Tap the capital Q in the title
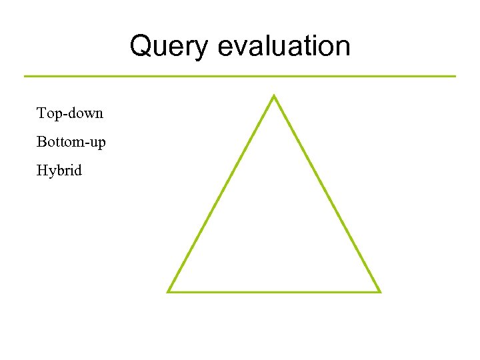[141, 47]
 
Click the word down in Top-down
[85, 113]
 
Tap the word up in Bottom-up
[97, 143]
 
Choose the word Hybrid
[59, 171]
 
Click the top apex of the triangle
[273, 97]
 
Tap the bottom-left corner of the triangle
[169, 291]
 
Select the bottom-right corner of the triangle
[379, 291]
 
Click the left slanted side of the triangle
[221, 193]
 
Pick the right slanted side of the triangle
[327, 193]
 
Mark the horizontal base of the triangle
[273, 291]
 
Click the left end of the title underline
[25, 76]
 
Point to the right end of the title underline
[455, 76]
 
